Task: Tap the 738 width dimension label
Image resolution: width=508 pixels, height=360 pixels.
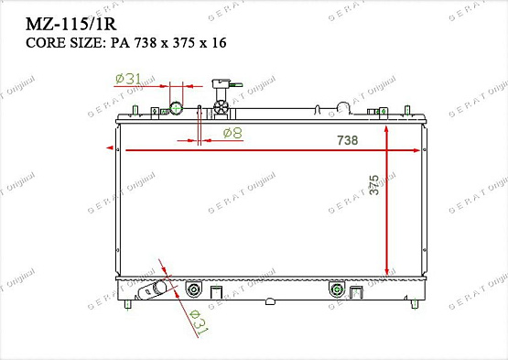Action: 348,140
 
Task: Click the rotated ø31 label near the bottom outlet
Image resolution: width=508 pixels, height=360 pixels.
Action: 196,322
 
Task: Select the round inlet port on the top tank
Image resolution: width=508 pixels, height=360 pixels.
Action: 178,110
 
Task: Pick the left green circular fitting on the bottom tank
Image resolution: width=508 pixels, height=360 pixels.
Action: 193,291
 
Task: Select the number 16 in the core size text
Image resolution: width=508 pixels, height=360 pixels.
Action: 217,43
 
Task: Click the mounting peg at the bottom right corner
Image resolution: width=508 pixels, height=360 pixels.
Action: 417,303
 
